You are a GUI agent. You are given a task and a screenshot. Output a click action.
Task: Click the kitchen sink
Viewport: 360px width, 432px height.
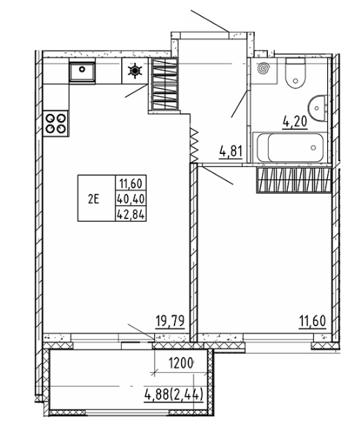coord(81,71)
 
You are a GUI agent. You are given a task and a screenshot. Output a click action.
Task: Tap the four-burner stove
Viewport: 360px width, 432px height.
coord(54,122)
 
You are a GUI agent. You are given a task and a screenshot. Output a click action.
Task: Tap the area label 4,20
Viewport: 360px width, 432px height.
coord(296,123)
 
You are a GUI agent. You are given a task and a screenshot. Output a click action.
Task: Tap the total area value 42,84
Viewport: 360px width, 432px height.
coord(131,213)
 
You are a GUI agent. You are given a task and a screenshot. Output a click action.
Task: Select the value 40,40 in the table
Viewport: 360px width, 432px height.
coord(131,198)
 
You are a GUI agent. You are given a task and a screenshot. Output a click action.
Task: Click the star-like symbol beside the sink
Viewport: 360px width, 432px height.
coord(135,72)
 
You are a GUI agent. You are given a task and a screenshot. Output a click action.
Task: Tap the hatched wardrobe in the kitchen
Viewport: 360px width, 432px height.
coord(164,84)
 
